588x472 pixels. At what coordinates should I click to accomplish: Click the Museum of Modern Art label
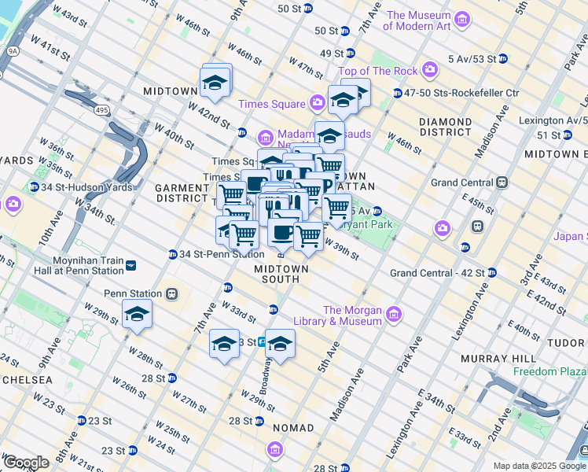click(x=419, y=20)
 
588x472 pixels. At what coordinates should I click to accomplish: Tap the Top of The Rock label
click(x=378, y=72)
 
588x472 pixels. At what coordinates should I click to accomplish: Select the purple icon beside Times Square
click(x=317, y=102)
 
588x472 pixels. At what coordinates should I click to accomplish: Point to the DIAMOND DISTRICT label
click(x=445, y=127)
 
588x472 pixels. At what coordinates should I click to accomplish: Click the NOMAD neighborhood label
click(x=292, y=428)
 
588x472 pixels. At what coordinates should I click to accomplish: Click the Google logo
click(x=26, y=463)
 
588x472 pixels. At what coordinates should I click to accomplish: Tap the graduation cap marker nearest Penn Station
click(x=137, y=314)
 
